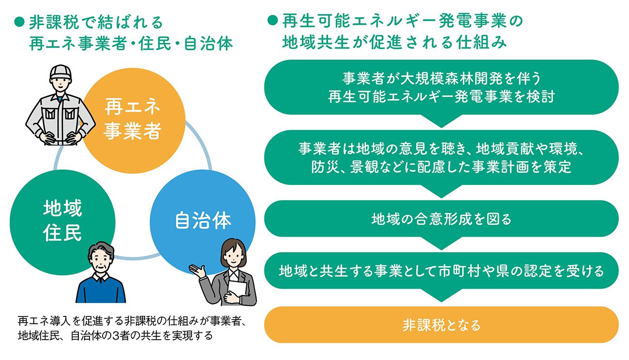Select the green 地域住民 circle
[62, 222]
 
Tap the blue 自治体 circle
[203, 222]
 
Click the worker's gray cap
[60, 73]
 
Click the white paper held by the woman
[237, 289]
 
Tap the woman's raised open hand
[197, 271]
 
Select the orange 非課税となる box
[441, 325]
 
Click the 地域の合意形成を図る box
[441, 219]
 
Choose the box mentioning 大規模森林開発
[441, 87]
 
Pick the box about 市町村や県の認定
[441, 270]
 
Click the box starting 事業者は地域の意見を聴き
[441, 157]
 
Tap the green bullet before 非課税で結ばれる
[19, 22]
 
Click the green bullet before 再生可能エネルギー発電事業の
[272, 20]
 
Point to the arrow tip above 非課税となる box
[441, 302]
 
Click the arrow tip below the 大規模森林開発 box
[441, 127]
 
